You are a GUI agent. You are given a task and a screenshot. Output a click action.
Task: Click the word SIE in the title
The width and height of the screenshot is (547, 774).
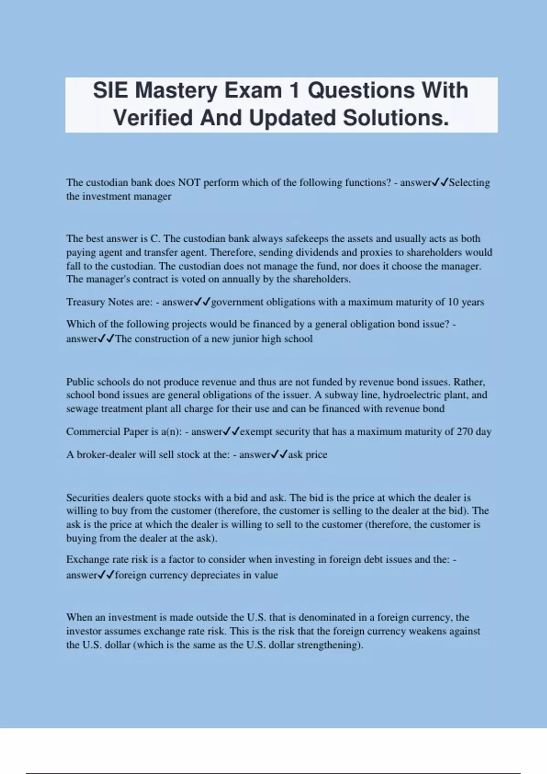tap(110, 90)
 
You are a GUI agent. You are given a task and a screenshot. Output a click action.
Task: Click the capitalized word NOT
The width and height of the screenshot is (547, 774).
tap(189, 183)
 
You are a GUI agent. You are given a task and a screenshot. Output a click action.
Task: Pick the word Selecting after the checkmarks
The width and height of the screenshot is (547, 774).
tap(469, 183)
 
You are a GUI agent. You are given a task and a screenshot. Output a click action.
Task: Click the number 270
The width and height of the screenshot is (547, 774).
tap(464, 432)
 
